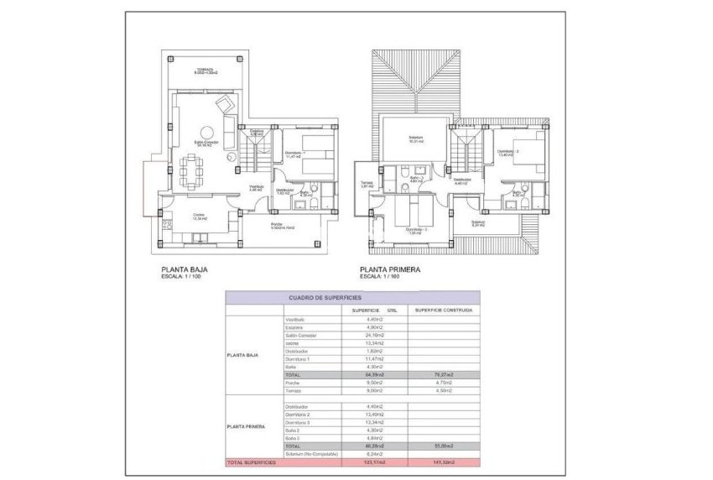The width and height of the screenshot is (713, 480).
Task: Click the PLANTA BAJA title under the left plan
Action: [185, 270]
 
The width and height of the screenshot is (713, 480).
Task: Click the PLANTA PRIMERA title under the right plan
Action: [390, 270]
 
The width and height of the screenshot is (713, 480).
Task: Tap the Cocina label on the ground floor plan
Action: [199, 217]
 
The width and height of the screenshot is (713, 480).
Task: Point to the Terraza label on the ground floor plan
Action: [206, 70]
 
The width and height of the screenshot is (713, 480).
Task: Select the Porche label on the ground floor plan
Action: [277, 225]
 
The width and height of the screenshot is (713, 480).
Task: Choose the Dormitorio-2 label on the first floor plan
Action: [510, 152]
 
